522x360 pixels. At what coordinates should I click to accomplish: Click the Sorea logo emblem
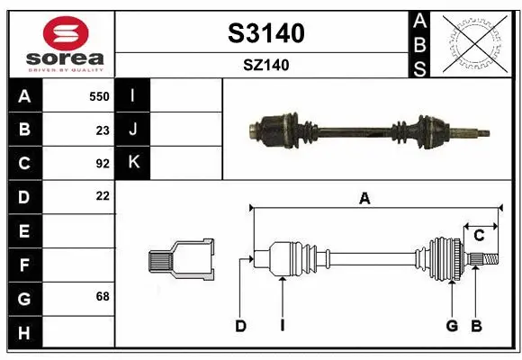60,33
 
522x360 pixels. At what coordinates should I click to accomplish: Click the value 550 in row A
99,96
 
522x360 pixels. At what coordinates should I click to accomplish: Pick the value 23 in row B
103,130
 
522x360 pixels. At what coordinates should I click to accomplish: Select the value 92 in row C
103,164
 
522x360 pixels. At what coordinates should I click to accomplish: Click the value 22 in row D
103,195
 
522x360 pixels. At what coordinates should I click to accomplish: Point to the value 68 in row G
103,297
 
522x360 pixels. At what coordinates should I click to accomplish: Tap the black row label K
133,163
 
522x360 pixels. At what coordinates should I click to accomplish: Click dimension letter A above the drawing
364,199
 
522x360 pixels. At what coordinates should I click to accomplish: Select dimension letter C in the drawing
480,236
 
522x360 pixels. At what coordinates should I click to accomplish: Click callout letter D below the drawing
240,326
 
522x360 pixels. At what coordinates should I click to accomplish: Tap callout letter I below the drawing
282,326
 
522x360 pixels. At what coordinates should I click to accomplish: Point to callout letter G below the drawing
452,326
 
